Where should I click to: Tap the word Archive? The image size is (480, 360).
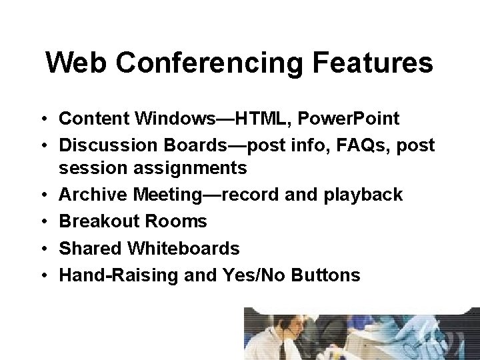[x=93, y=195]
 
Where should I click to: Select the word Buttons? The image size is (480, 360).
[x=327, y=275]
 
